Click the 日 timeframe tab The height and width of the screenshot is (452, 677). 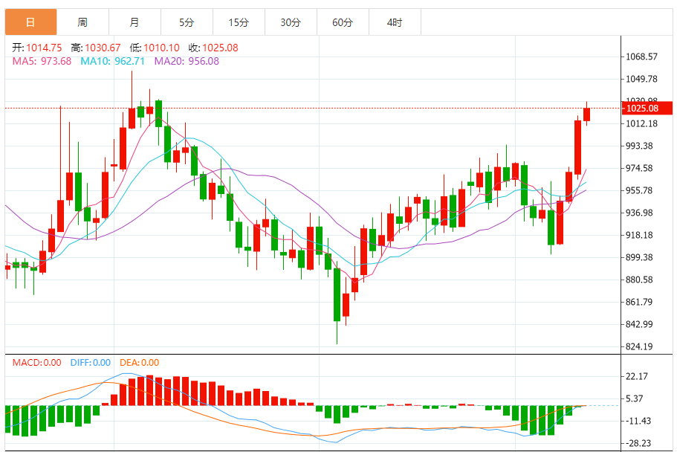click(30, 22)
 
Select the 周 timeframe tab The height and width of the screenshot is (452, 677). click(82, 22)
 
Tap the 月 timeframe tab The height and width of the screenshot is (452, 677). click(135, 22)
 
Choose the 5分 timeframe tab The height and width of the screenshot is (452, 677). click(187, 22)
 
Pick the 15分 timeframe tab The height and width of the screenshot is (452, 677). click(239, 22)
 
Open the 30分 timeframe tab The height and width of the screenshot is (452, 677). click(291, 22)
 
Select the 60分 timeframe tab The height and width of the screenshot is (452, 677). click(343, 22)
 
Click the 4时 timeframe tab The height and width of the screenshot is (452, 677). click(395, 22)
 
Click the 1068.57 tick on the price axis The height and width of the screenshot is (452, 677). click(641, 56)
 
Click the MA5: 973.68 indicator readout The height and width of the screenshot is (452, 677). click(42, 61)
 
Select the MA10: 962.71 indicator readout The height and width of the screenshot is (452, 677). click(112, 61)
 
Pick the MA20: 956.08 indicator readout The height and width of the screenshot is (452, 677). click(187, 61)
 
